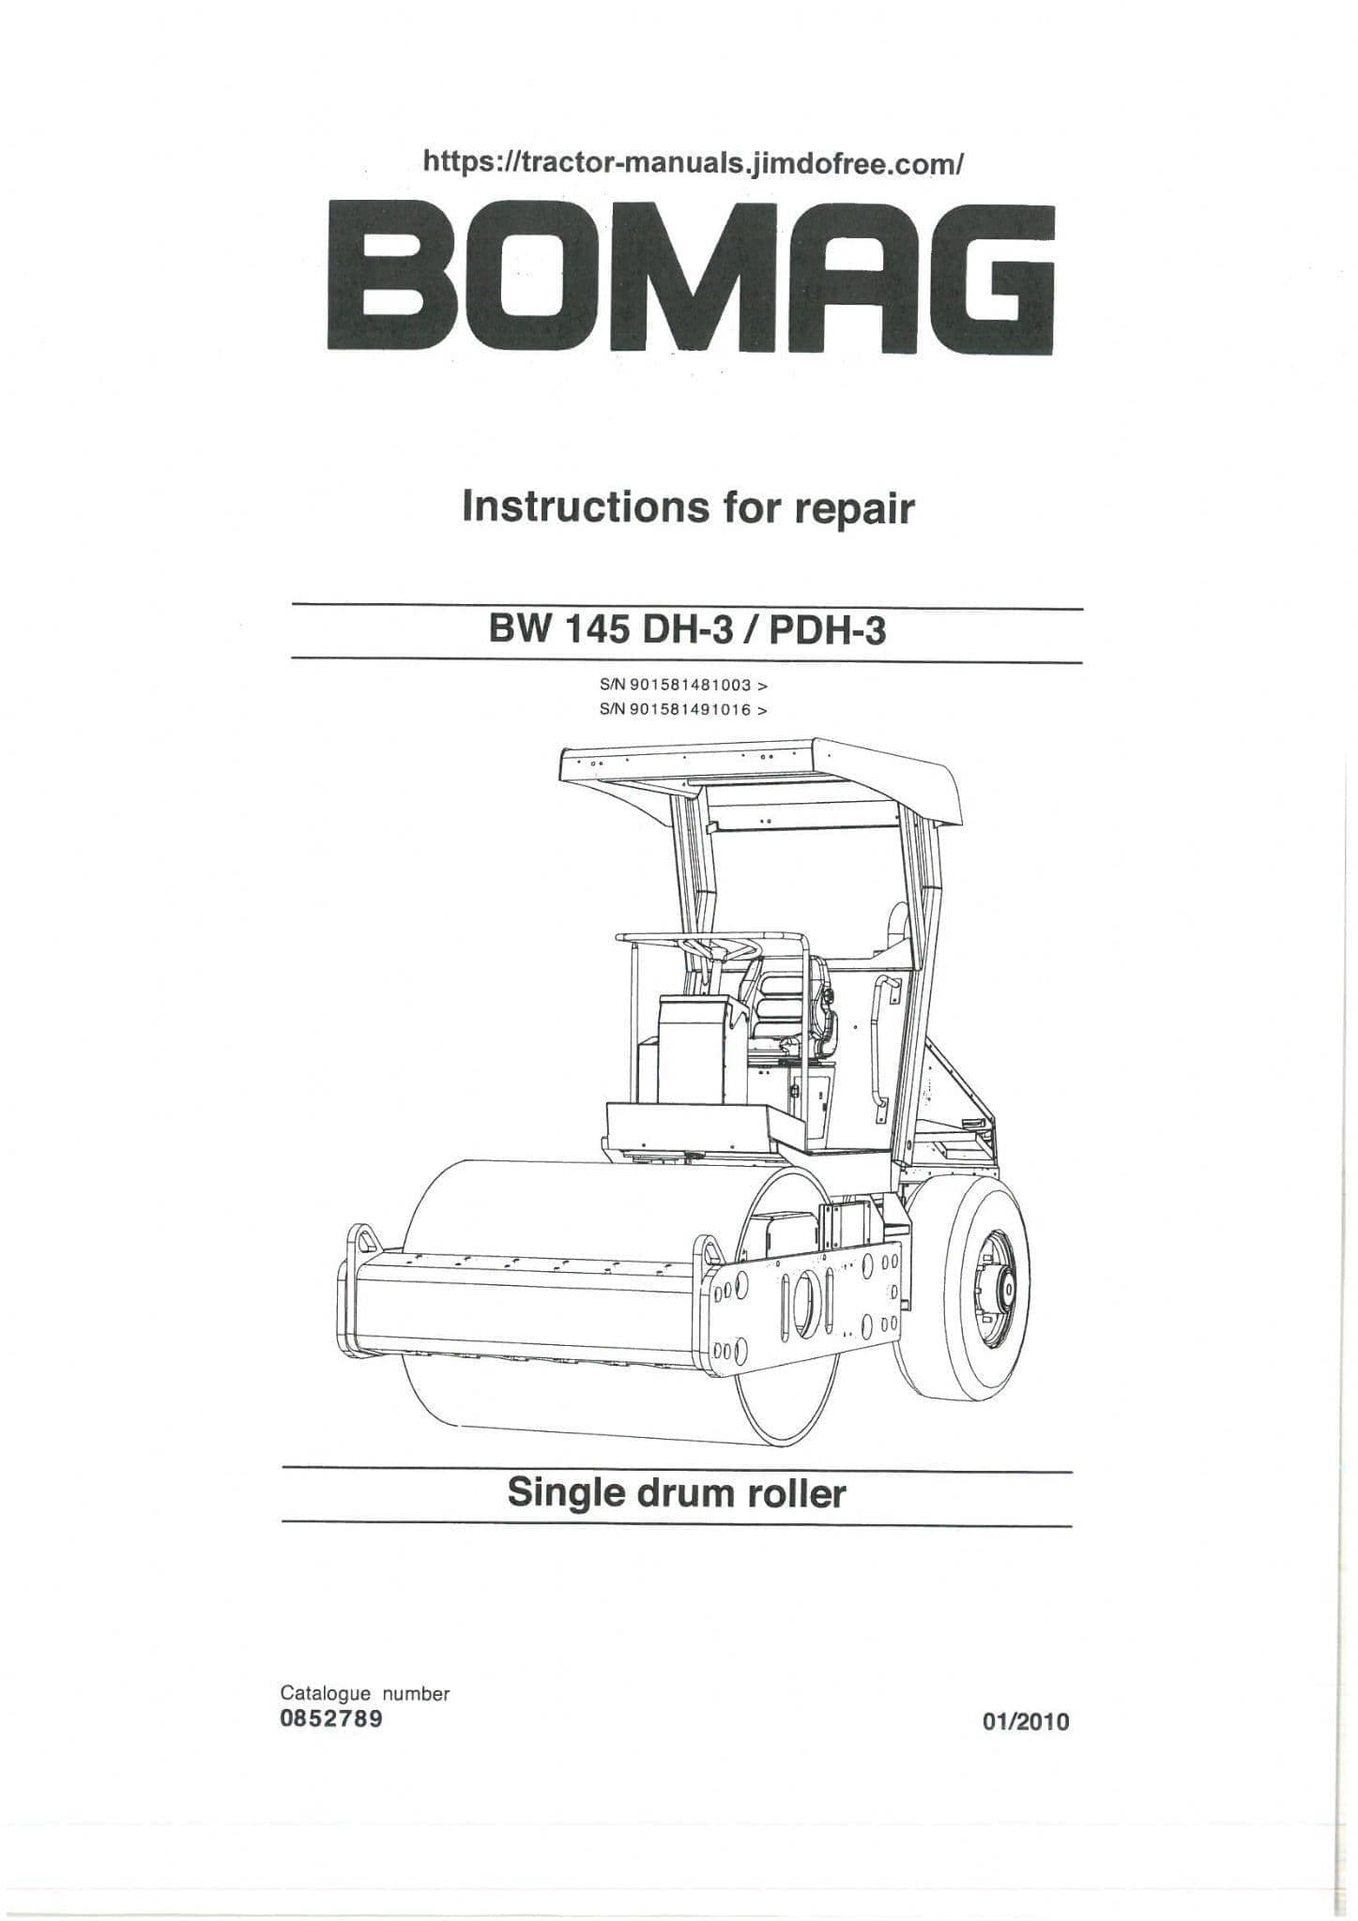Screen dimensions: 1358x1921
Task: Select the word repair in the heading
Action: pos(854,510)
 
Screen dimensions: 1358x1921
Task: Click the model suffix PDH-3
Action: pos(827,631)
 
